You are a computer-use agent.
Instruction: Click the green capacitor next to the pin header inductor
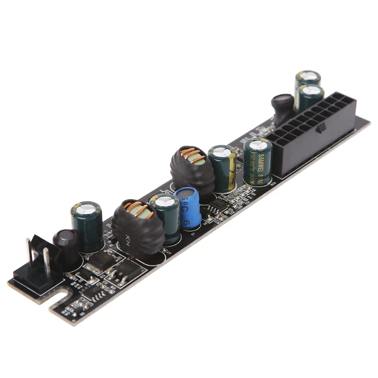coord(87,224)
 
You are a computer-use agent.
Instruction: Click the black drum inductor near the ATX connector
coord(282,109)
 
